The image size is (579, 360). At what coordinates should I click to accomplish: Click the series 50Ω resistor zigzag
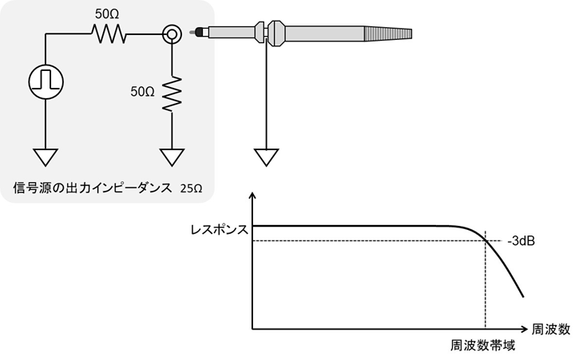click(108, 34)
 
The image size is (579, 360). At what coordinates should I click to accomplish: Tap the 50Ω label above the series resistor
click(106, 14)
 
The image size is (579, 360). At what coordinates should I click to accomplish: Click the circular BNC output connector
click(171, 34)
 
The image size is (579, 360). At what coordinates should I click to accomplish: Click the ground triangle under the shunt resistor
click(171, 156)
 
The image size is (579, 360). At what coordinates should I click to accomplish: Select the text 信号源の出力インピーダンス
click(93, 188)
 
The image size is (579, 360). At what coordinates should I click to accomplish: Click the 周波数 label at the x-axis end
click(553, 329)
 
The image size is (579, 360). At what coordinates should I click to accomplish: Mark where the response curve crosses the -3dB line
click(485, 240)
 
